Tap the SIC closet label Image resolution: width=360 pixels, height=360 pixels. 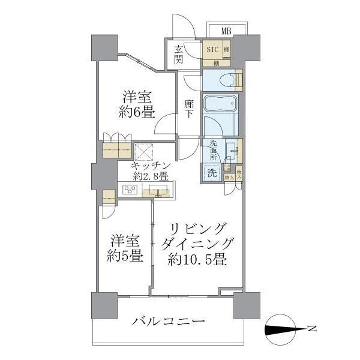point(213,49)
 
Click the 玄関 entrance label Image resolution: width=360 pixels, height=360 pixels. point(179,55)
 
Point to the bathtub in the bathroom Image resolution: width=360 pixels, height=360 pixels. point(221,103)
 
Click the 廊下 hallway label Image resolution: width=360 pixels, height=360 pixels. point(188,109)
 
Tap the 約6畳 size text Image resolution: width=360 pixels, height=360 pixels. point(137,111)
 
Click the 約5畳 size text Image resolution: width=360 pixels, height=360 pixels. point(125,256)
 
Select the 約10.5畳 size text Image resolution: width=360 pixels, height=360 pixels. point(196,260)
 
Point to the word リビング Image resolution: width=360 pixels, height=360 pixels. point(198,229)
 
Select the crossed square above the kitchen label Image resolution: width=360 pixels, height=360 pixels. point(145,152)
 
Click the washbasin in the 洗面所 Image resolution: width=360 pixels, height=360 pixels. point(231,149)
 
